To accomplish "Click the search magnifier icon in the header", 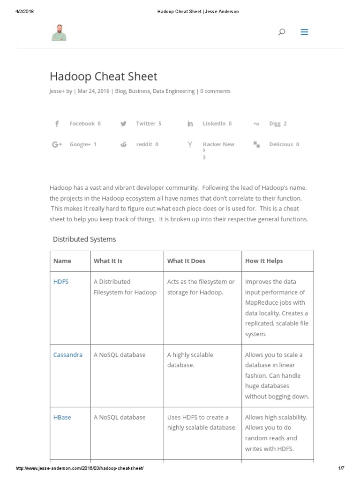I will coord(282,32).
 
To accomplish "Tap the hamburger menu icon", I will coord(304,32).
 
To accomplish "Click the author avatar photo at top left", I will coord(59,32).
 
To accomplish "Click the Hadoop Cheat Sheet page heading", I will coord(103,76).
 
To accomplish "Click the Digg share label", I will coord(275,124).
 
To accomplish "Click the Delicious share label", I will coord(281,144).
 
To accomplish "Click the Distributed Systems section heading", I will coord(84,239).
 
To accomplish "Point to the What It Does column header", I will coord(186,261).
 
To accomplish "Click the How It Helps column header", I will coord(264,261).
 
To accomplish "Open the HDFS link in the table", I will coord(61,282).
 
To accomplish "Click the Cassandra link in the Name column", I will coord(67,355).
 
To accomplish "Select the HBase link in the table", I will coord(62,417).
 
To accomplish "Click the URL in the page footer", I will coord(80,469).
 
